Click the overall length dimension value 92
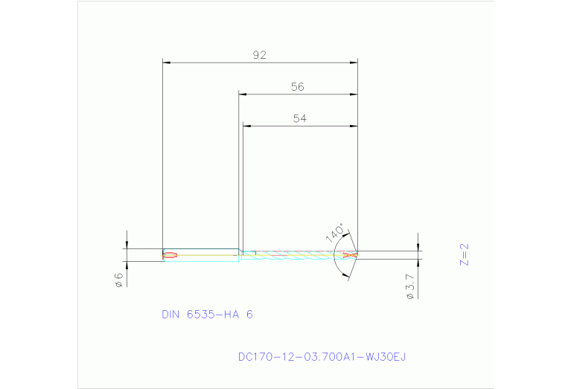[x=260, y=55]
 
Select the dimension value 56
[x=298, y=87]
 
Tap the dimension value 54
[x=300, y=118]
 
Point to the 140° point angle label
[x=335, y=232]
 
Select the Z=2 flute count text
[x=465, y=254]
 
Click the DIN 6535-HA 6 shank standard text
[x=207, y=314]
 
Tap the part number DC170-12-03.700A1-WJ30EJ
[x=322, y=357]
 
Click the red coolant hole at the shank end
[x=170, y=256]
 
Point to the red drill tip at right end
[x=348, y=255]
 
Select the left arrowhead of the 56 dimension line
[x=243, y=94]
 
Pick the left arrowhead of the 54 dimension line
[x=249, y=126]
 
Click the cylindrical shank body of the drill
[x=201, y=255]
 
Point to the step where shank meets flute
[x=240, y=255]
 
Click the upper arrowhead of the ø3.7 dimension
[x=419, y=247]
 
